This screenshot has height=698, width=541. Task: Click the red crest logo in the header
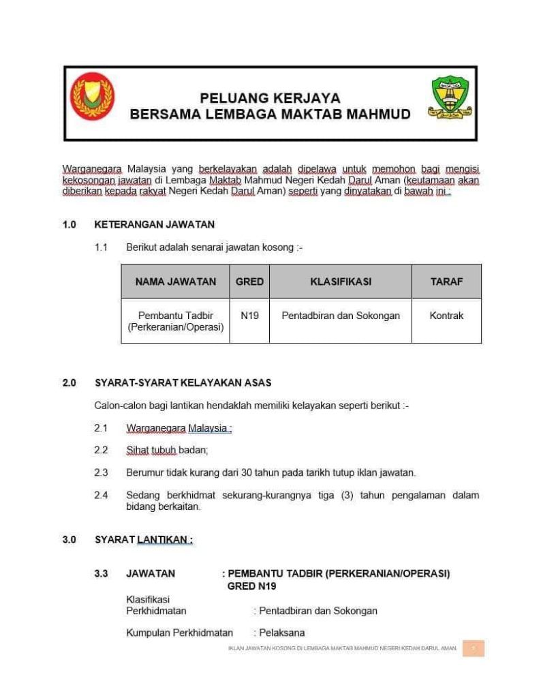click(x=93, y=96)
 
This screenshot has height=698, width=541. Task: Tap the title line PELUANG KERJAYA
click(x=270, y=98)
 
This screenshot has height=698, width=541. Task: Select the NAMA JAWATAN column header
click(x=176, y=282)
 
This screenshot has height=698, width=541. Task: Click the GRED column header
click(x=249, y=282)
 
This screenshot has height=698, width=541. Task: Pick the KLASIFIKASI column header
click(x=341, y=282)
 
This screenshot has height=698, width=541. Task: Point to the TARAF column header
click(x=446, y=282)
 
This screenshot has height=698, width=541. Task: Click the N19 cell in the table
click(x=249, y=316)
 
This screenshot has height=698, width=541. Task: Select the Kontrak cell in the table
click(x=446, y=316)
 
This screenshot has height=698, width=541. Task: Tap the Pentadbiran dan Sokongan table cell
click(x=341, y=316)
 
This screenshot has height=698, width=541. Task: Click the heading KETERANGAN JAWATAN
click(x=155, y=224)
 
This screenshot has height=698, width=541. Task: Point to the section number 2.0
click(x=69, y=383)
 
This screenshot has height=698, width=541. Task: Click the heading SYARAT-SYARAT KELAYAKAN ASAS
click(x=183, y=383)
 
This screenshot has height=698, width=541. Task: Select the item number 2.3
click(x=101, y=472)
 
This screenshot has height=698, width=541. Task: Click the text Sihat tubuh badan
click(x=167, y=450)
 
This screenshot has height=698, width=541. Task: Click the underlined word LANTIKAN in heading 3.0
click(x=165, y=540)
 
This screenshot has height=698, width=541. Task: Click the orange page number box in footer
click(x=473, y=648)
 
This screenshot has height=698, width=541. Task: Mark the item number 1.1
click(x=101, y=247)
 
